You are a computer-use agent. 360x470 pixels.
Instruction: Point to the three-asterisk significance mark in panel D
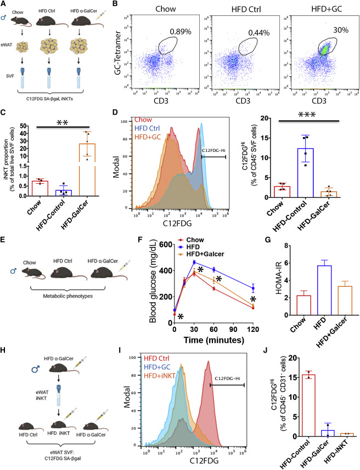(x=299, y=134)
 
